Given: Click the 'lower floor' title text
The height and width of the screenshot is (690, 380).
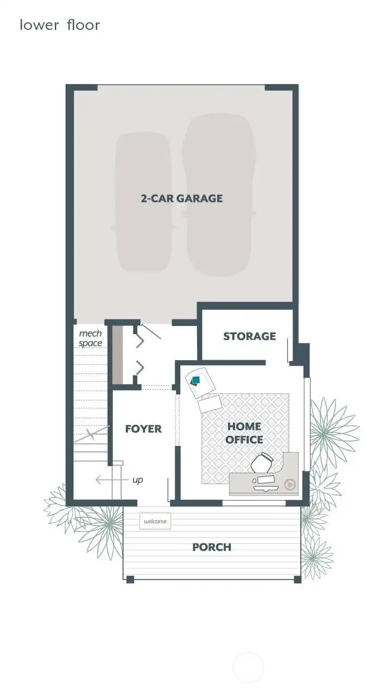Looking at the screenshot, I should (x=60, y=25).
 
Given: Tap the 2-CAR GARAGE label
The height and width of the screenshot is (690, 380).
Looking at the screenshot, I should (x=182, y=198).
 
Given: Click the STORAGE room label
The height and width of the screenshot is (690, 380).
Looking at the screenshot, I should (x=249, y=336).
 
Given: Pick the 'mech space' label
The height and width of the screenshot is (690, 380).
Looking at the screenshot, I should (x=90, y=338).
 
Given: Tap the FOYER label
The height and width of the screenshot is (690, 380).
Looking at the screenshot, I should (x=143, y=429).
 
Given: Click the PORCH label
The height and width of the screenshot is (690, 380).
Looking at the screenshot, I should (x=212, y=547).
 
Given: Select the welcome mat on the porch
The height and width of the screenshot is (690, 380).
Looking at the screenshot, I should (x=155, y=522).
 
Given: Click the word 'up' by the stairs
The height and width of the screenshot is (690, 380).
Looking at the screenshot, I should (x=138, y=480).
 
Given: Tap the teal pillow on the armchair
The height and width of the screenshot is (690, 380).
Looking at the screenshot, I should (x=196, y=380).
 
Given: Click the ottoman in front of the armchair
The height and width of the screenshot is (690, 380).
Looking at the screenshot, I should (x=210, y=404).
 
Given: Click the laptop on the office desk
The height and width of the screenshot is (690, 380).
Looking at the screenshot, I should (x=265, y=481).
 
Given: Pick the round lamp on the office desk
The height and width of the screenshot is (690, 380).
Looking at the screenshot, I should (x=290, y=482).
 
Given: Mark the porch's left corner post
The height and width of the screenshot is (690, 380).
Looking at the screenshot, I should (x=130, y=579).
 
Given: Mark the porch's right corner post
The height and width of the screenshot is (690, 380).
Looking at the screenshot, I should (x=297, y=579).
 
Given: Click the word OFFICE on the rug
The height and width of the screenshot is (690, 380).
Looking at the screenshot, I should (x=244, y=440).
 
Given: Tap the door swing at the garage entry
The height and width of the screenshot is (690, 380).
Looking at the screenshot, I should (x=150, y=331).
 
